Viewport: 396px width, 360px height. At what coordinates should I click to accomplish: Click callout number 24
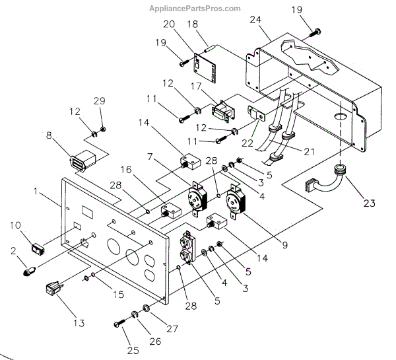255,20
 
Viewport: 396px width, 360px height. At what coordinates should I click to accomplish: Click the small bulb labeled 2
28,271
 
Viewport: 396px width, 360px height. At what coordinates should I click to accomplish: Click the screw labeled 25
121,322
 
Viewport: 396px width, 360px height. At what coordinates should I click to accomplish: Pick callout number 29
98,100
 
